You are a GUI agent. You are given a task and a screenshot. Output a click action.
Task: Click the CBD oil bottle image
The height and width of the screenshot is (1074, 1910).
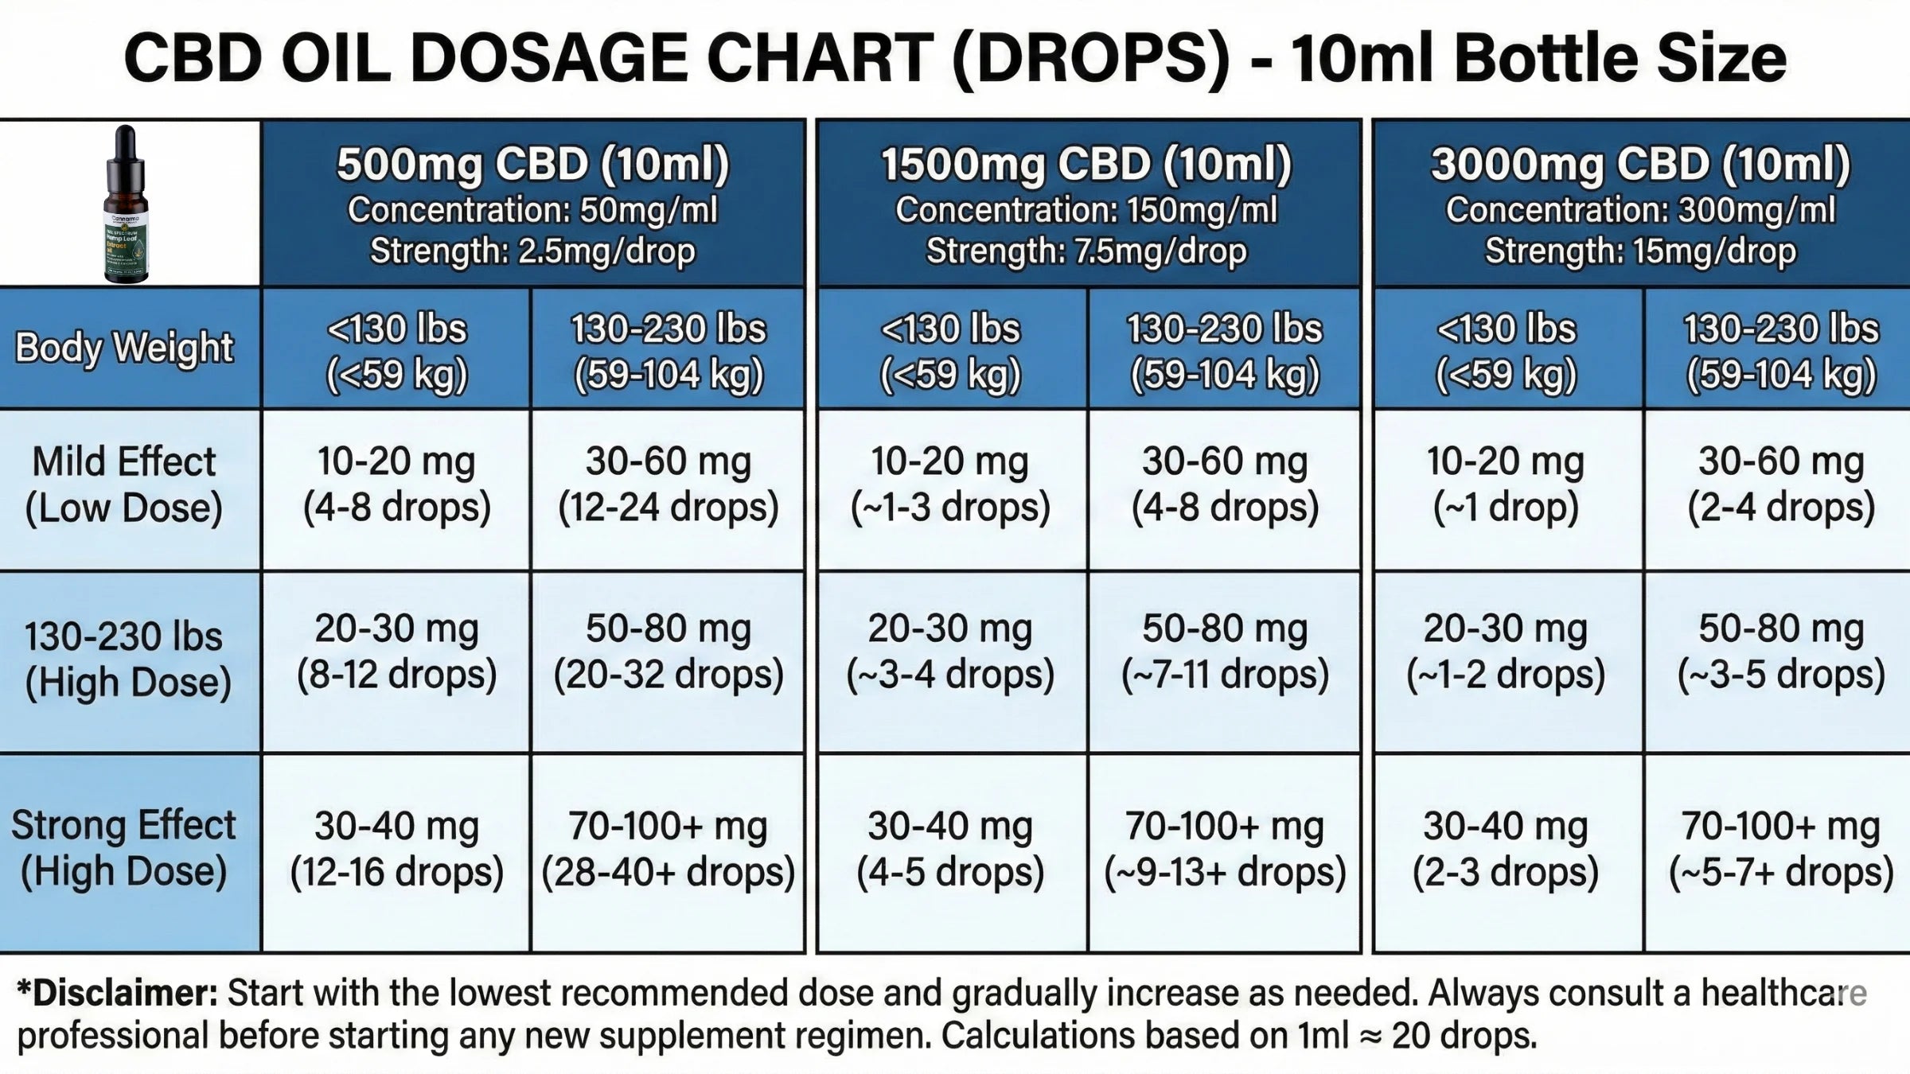click(x=126, y=204)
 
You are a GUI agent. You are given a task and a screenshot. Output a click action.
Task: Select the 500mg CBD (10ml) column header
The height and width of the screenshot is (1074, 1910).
click(x=532, y=165)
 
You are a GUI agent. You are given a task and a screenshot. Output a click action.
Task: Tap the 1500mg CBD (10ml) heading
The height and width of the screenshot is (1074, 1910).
click(x=1086, y=165)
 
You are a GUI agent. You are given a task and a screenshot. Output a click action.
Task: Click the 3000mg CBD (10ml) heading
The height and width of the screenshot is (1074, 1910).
click(x=1640, y=165)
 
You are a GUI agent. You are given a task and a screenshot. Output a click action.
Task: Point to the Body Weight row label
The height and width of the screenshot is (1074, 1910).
click(x=124, y=348)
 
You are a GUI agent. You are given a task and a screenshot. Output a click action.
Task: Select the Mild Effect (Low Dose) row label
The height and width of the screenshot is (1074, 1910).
click(x=124, y=485)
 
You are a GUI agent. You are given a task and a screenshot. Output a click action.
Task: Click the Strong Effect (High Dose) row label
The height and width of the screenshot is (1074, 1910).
click(x=124, y=848)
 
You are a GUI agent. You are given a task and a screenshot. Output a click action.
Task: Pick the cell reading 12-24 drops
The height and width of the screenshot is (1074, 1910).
click(x=668, y=485)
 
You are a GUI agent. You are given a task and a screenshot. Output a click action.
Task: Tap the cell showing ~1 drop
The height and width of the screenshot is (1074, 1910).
click(x=1506, y=485)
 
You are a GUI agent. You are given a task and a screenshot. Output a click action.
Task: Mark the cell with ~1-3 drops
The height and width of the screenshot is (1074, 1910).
click(x=950, y=485)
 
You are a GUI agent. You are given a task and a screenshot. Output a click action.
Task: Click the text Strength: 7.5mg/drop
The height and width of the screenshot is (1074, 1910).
click(x=1086, y=251)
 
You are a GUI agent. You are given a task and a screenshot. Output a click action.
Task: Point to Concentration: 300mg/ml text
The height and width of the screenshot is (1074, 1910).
click(x=1640, y=210)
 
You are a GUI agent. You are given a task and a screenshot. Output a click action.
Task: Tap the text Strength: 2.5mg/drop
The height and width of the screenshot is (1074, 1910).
click(x=532, y=251)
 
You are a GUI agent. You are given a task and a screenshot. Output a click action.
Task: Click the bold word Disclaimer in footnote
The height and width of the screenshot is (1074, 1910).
click(x=117, y=994)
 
